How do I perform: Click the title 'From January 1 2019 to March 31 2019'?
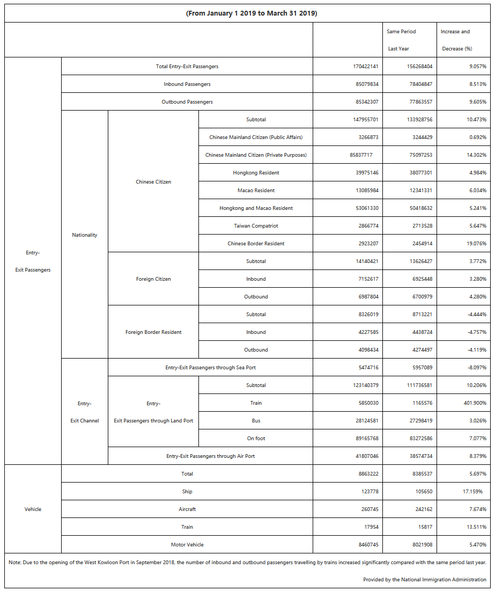(252, 13)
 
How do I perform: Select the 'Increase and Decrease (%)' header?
(456, 40)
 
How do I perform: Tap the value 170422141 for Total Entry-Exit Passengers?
(362, 67)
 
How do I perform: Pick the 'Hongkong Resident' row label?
(256, 173)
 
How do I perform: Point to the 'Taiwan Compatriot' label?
(256, 226)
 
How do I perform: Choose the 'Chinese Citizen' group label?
(153, 182)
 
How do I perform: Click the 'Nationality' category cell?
(85, 235)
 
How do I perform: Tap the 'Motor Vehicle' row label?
(187, 545)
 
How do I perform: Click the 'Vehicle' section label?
(33, 509)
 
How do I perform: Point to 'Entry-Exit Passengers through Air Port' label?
(210, 456)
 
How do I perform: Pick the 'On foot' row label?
(256, 439)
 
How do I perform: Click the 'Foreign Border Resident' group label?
(153, 332)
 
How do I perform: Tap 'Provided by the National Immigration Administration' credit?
(424, 580)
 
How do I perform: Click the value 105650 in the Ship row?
(421, 492)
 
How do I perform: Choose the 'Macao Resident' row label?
(256, 191)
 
